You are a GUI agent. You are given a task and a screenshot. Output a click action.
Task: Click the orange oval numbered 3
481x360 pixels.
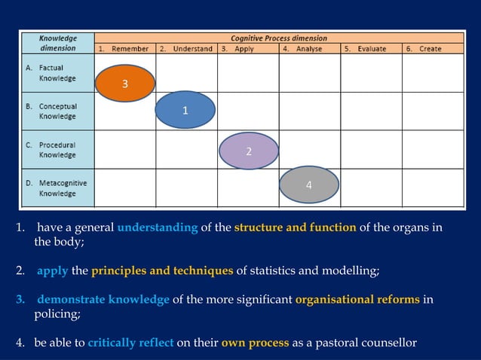125,83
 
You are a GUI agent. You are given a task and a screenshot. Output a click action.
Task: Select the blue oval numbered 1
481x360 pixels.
185,110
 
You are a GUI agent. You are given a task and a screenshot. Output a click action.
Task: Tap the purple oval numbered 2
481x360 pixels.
249,151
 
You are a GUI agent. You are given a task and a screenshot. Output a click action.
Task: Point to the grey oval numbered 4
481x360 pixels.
308,185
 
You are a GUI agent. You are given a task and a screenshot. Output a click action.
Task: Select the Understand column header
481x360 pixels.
186,49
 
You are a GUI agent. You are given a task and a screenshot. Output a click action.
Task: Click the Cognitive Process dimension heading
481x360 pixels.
278,38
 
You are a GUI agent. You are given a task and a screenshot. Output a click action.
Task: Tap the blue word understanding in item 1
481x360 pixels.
158,228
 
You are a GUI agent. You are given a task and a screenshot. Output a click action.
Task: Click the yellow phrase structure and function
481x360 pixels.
295,228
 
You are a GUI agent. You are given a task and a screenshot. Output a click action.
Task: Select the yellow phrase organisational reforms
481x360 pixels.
357,300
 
